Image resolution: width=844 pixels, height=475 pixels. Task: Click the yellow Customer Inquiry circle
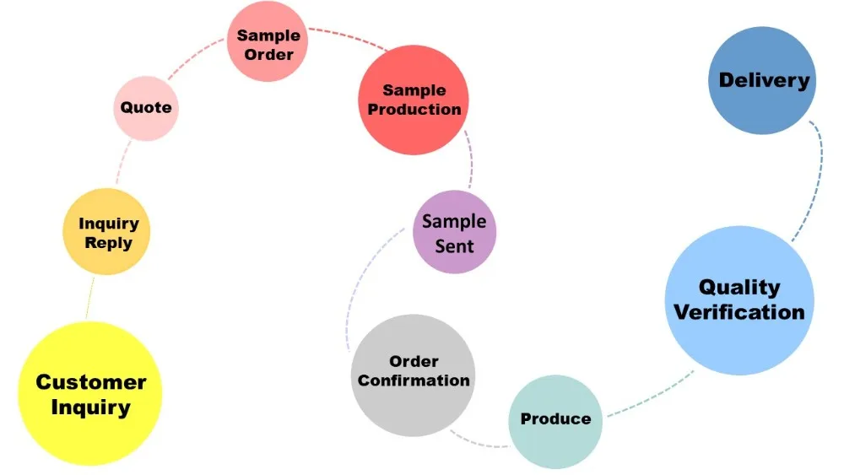pos(89,394)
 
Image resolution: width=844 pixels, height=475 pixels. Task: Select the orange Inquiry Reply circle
pos(106,231)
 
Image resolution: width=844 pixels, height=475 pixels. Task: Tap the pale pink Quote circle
pos(146,107)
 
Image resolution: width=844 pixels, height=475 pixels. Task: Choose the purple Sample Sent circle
pos(454,232)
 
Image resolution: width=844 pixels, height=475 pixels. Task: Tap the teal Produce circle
pos(555,419)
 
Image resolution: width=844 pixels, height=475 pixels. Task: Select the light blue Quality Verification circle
pos(739,300)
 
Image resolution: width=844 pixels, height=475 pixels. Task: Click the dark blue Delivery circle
pos(762,80)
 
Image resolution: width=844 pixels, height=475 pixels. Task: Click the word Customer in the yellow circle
pos(90,381)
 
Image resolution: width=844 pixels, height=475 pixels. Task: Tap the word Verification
pos(739,312)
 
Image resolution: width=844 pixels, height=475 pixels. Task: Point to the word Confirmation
pos(413,381)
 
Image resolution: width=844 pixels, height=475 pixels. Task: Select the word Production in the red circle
pos(414,109)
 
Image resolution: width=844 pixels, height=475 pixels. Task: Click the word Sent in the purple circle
pos(454,246)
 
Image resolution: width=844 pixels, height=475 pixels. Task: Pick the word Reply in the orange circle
pos(108,243)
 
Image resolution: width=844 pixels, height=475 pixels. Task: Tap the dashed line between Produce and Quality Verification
pos(650,397)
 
